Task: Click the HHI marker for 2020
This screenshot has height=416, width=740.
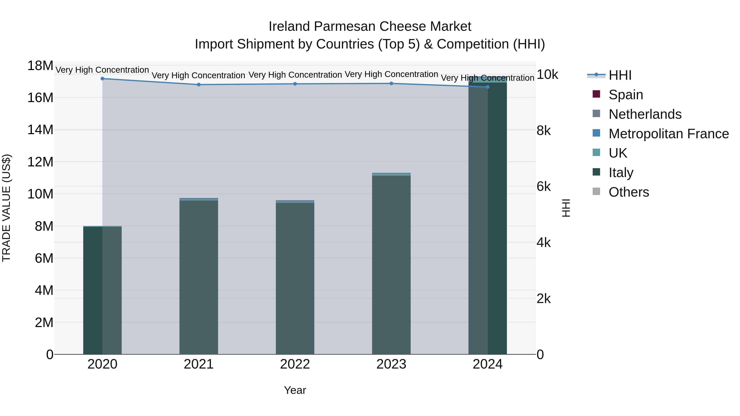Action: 102,79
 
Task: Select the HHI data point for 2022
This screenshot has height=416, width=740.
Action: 295,84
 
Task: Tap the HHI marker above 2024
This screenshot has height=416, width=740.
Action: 488,87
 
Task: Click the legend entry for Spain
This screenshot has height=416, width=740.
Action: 626,95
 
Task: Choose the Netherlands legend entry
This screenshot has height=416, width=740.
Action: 645,114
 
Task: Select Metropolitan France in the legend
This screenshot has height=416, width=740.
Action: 668,134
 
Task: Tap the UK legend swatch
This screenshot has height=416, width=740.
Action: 596,153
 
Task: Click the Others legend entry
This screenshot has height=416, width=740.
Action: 629,192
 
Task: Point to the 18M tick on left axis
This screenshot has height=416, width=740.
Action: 40,66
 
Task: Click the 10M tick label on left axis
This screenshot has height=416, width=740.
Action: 40,194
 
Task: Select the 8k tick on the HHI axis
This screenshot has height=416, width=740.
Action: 543,131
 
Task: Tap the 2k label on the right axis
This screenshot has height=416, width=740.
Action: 543,299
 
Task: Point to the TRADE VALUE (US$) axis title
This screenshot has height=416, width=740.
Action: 6,208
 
